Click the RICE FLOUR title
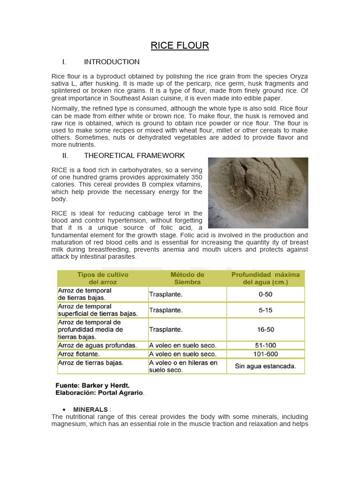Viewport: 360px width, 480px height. click(x=180, y=45)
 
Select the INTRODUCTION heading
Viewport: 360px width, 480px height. click(x=112, y=62)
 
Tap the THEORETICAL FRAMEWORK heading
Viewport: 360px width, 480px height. click(x=134, y=156)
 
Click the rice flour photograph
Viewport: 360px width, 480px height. click(x=258, y=193)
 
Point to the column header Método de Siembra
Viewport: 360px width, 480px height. click(x=187, y=278)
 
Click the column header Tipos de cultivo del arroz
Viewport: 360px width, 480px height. click(x=103, y=278)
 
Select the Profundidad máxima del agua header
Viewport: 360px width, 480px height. click(x=265, y=278)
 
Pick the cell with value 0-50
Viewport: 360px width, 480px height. click(x=265, y=294)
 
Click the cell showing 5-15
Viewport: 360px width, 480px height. click(x=265, y=310)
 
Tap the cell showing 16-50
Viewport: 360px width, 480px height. click(x=265, y=330)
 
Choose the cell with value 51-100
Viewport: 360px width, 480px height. click(x=265, y=345)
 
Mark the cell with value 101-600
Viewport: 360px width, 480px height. click(x=265, y=354)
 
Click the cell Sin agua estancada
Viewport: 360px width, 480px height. click(x=265, y=366)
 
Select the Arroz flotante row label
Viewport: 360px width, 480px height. click(x=79, y=354)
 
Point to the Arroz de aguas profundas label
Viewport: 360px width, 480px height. click(x=97, y=345)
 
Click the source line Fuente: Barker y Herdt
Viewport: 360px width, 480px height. click(x=93, y=385)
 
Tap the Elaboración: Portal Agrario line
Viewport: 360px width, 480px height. click(x=100, y=393)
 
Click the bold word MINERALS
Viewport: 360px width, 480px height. click(x=90, y=410)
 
